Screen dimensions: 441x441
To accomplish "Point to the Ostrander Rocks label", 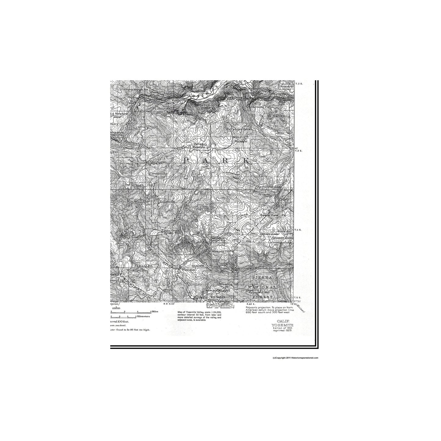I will click(x=240, y=129).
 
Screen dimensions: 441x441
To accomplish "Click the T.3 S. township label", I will click(x=298, y=150).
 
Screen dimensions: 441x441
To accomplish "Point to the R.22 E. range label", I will click(x=250, y=304).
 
